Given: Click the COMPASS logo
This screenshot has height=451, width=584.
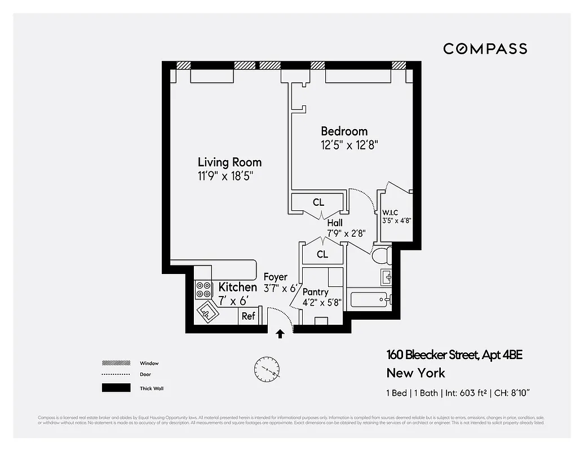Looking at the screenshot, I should pos(485,48).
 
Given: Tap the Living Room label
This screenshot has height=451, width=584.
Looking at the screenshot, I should pos(229,162).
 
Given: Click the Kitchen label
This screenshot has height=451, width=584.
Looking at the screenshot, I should pos(237,287).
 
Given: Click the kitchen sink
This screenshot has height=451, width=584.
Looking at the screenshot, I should pos(207,310).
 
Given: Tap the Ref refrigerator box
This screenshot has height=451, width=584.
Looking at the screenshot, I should pos(249,316).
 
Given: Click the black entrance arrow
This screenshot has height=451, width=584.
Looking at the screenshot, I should pos(280,334).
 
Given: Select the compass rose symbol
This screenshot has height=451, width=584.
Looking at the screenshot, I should pos(266,370).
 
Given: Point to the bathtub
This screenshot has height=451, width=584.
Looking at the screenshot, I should pos(370,299).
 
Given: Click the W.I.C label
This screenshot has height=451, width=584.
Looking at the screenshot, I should pos(390,212).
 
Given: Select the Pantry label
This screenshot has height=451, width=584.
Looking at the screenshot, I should pos(315,292).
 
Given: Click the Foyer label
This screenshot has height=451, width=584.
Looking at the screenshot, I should pos(276,277).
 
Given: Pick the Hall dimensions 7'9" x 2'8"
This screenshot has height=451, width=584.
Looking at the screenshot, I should pos(346,232).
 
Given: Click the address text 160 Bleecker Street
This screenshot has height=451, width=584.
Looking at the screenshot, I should pos(432,355).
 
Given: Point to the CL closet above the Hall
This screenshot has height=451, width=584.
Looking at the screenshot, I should pos(318,202).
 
